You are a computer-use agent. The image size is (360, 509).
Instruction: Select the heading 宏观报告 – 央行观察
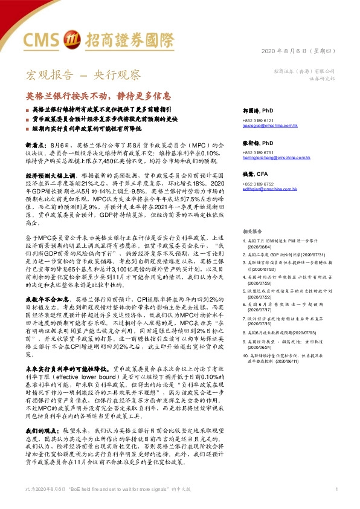[x=83, y=76]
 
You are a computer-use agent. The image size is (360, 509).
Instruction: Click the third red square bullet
[x=27, y=128]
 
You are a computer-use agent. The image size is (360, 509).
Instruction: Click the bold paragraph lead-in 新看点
[x=35, y=146]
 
